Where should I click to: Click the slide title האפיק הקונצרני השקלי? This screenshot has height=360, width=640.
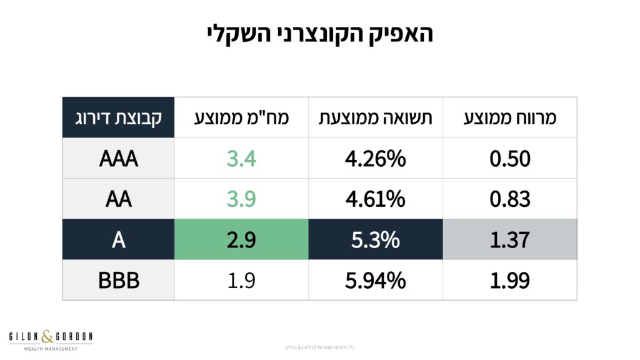point(320,33)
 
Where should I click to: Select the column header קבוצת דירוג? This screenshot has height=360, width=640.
point(118,117)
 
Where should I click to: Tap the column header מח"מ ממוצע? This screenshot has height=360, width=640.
point(241,117)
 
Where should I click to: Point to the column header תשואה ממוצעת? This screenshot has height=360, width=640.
point(376,117)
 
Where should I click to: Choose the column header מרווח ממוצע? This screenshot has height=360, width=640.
point(510,117)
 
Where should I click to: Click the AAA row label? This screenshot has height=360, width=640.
point(118,158)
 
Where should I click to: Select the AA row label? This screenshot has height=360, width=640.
point(118,199)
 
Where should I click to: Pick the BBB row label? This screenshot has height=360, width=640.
point(118,280)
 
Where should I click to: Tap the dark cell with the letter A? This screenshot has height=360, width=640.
point(118,239)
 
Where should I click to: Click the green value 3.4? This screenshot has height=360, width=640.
point(241,158)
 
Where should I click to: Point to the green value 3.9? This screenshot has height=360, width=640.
point(241,199)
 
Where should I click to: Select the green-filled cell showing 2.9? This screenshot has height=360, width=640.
point(241,239)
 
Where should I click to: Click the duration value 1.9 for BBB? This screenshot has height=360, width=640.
point(241,280)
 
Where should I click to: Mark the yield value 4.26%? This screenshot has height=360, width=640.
point(376,158)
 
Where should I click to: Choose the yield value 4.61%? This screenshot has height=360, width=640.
point(376,199)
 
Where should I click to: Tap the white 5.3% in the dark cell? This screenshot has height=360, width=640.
point(376,239)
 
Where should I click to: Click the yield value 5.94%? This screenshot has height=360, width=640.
point(376,280)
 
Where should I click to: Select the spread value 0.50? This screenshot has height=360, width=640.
point(510,158)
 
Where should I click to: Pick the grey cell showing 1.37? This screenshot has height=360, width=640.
point(510,239)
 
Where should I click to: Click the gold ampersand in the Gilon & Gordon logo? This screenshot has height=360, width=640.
point(48,337)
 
